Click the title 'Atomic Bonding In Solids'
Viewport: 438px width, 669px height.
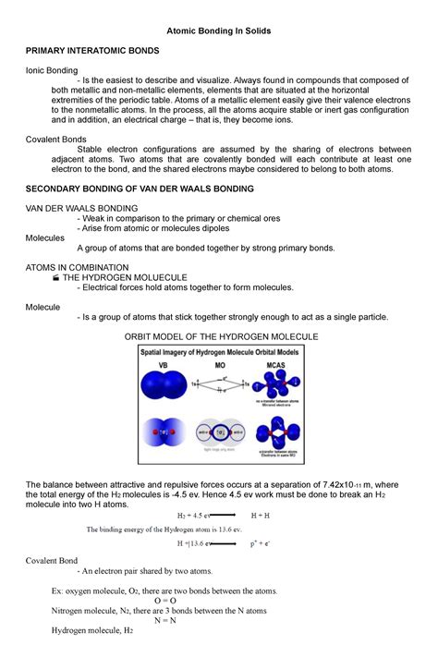(x=218, y=30)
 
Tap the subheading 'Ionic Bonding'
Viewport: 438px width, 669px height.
(x=52, y=70)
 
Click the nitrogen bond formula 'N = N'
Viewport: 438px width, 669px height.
(x=218, y=620)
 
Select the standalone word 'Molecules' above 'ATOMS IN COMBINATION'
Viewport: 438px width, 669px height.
(x=45, y=237)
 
